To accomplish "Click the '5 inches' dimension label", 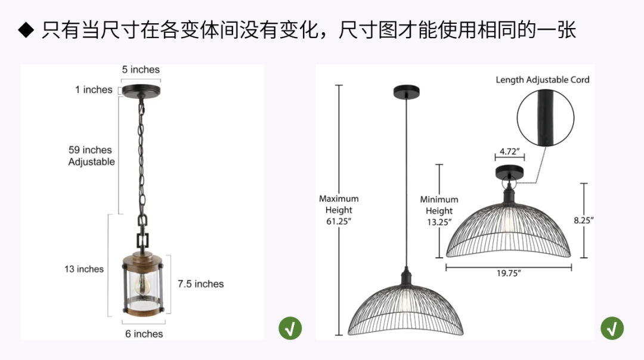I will [x=141, y=70].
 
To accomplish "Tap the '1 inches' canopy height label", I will [x=94, y=89].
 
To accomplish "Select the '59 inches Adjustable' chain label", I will [x=91, y=156].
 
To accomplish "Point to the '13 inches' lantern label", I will [x=84, y=269].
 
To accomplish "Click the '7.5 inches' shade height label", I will [x=200, y=284].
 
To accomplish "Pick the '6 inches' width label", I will [x=144, y=334].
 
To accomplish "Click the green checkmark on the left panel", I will [x=290, y=328].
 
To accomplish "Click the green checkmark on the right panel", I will [x=612, y=328].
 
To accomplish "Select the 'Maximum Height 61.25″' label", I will [x=339, y=210].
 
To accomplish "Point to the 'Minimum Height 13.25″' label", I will [x=439, y=210].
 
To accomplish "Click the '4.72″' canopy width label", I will [x=510, y=151].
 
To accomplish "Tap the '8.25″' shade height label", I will [x=584, y=220].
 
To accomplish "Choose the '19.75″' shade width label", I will [x=509, y=273].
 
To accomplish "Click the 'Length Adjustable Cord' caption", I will [x=542, y=80].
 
